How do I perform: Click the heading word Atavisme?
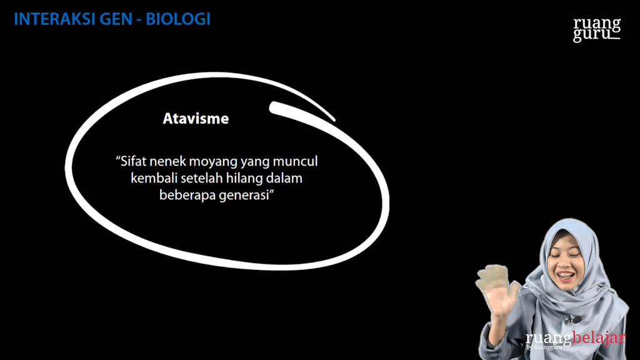196,118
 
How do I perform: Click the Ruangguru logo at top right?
597,29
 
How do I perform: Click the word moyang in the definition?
211,162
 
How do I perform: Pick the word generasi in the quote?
249,195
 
